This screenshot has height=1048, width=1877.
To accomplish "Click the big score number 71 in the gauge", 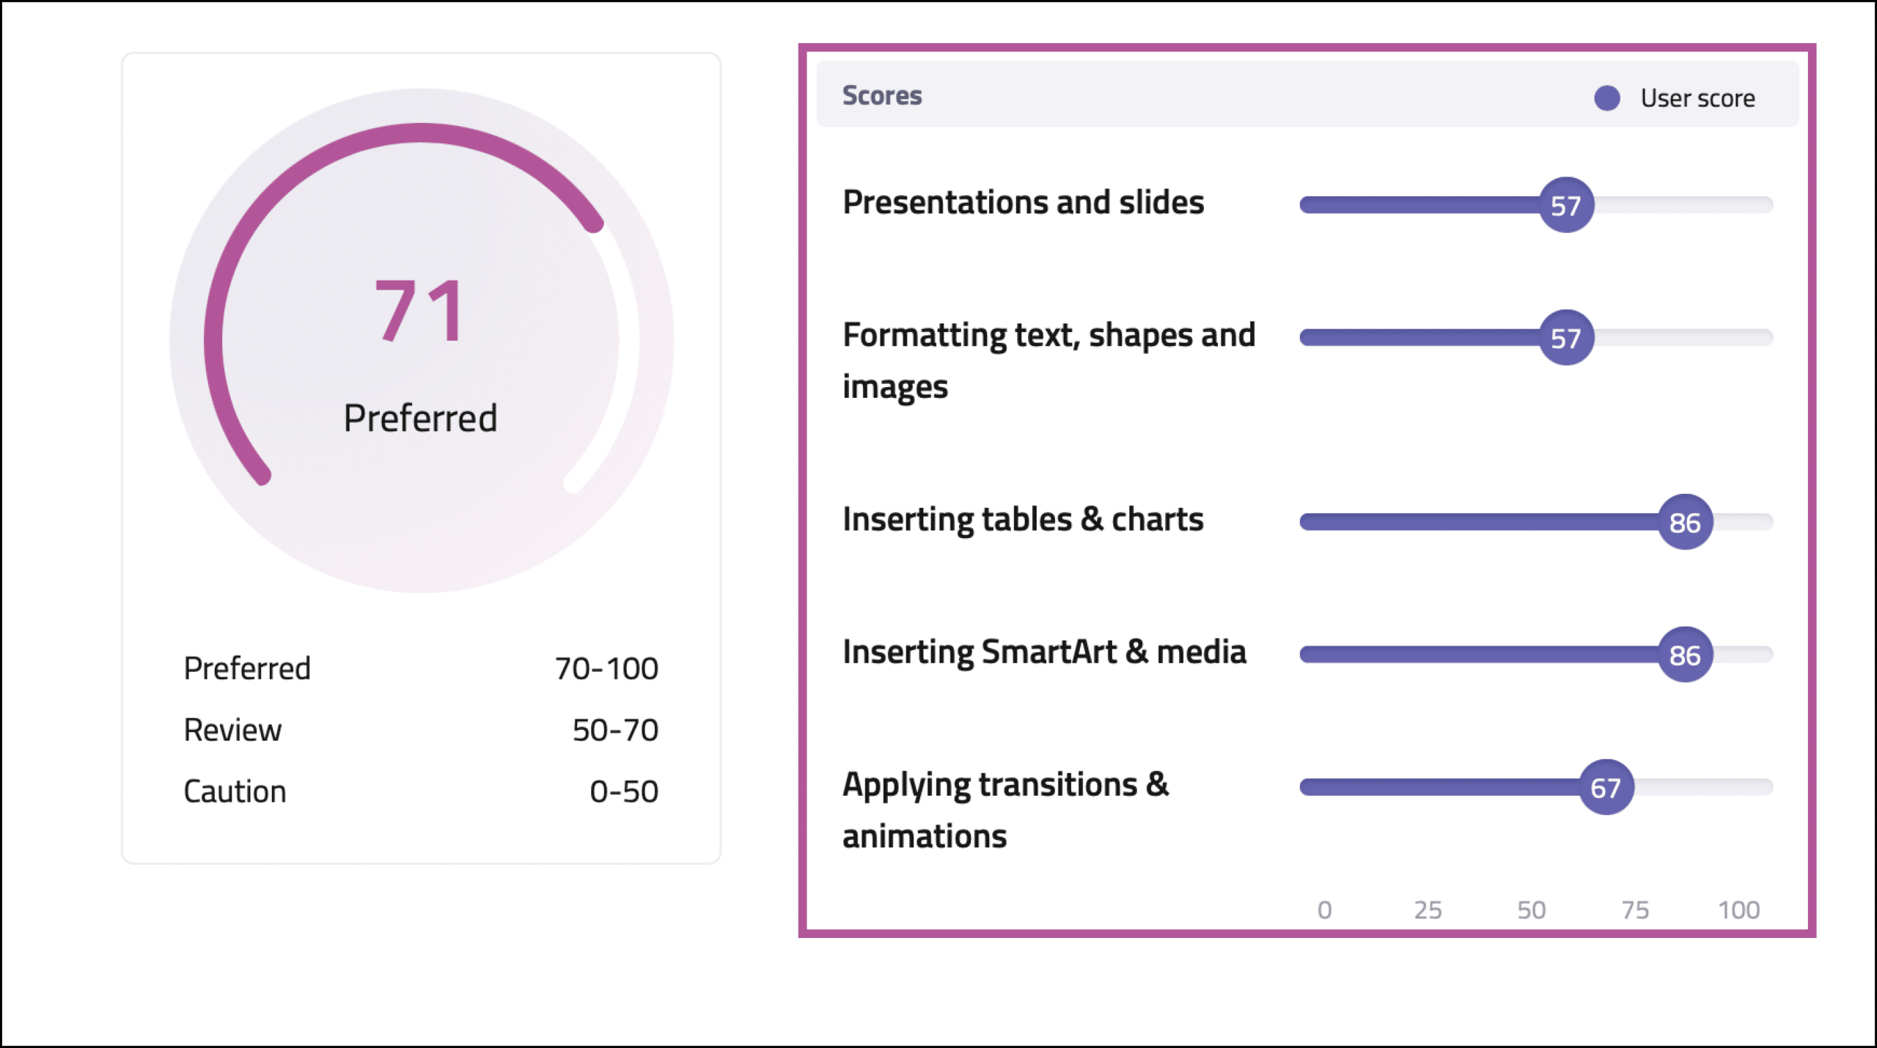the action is click(420, 311).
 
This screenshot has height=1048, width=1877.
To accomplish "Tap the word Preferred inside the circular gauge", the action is click(421, 418).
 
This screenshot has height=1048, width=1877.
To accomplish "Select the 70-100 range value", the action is click(606, 668).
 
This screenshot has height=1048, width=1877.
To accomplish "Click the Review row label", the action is click(232, 730).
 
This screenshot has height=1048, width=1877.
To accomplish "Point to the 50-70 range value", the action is click(615, 730).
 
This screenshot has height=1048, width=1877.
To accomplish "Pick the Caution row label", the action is click(235, 791).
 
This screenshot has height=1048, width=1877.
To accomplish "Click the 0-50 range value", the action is click(624, 791).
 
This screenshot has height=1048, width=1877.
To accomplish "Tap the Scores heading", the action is click(882, 95).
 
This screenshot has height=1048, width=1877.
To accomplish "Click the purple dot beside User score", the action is click(1606, 98).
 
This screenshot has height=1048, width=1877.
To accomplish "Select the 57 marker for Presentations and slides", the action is click(1566, 205).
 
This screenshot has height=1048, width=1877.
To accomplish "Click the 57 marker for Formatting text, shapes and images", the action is click(1566, 338).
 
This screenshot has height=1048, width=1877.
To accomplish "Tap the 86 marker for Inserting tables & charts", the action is click(1686, 523).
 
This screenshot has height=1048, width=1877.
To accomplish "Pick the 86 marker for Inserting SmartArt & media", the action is click(1686, 655).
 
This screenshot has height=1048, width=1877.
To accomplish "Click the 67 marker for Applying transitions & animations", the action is click(1606, 788).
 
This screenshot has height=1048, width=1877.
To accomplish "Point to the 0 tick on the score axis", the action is click(1324, 910).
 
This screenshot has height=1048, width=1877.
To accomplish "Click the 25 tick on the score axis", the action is click(1428, 910).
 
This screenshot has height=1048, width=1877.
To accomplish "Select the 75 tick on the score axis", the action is click(1635, 910).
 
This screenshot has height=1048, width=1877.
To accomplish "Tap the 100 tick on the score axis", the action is click(1739, 910).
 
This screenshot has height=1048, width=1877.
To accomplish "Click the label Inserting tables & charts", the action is click(1023, 520).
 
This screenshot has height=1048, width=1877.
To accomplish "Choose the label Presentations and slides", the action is click(1024, 202).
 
